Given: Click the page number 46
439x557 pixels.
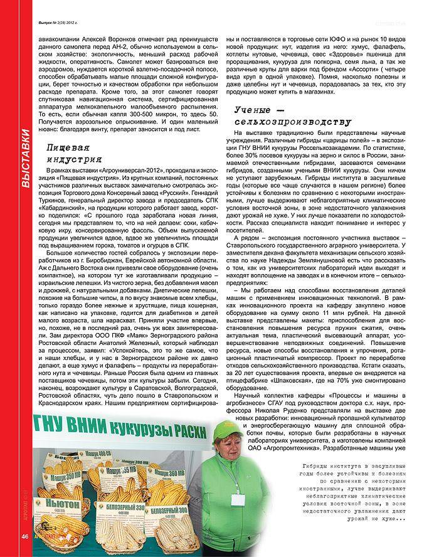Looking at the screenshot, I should (x=25, y=536).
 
